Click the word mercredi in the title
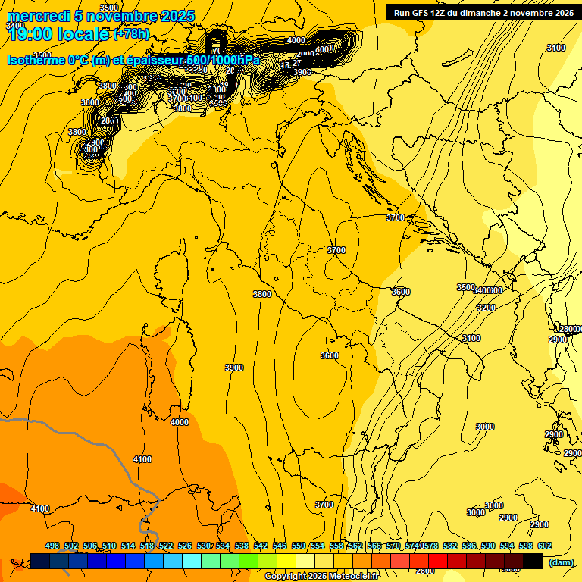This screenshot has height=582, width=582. [x=37, y=17]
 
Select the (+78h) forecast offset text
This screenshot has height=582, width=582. [x=130, y=34]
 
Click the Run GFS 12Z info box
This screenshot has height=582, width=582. [x=481, y=12]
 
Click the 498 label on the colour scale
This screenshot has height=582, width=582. [x=52, y=546]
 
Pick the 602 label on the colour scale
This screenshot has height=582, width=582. [x=544, y=546]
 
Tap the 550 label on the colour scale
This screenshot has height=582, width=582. [x=299, y=546]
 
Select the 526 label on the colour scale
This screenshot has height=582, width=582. [x=185, y=546]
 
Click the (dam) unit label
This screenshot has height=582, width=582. [x=562, y=562]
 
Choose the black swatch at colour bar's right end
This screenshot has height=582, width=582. [x=533, y=561]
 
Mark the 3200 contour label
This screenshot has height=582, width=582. [x=486, y=308]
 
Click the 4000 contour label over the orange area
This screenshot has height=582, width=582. [x=180, y=422]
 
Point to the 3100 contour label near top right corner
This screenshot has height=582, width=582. [x=555, y=48]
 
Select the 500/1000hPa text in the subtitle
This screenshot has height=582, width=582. [x=221, y=60]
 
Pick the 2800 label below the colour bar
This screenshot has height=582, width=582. [x=425, y=571]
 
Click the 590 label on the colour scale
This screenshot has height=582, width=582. [x=488, y=546]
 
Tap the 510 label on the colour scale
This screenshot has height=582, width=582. [x=109, y=546]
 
